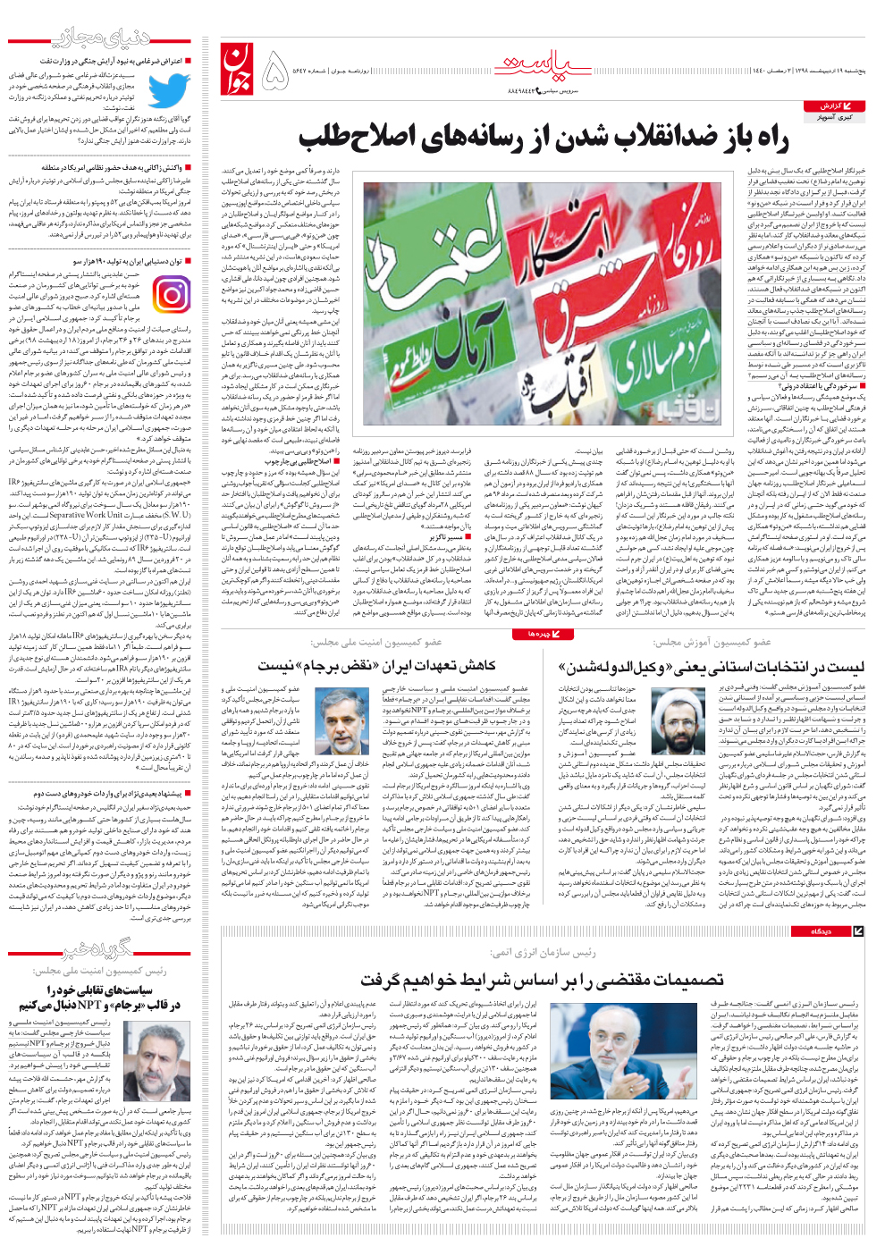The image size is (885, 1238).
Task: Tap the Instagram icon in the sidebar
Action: pos(171,294)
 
